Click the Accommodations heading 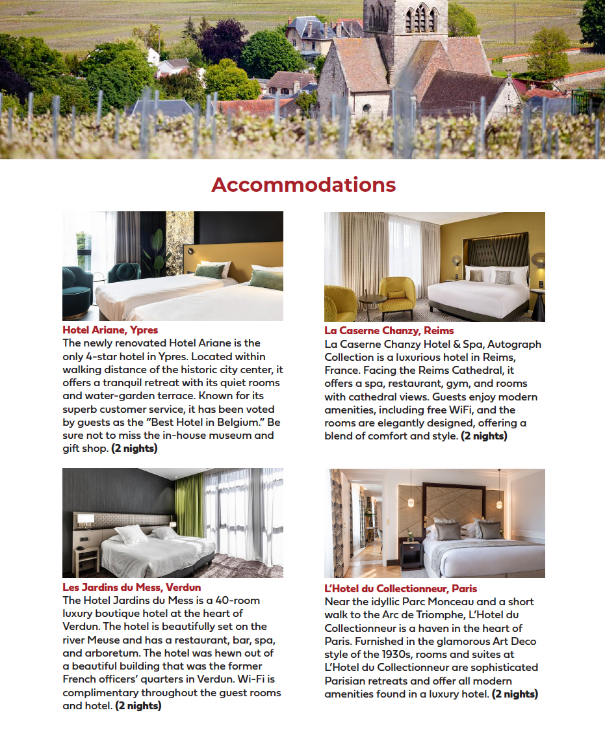click(303, 185)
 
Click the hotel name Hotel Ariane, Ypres click(110, 330)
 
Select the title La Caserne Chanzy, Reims click(389, 330)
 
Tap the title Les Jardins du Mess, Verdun click(131, 587)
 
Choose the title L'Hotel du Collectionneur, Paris click(400, 588)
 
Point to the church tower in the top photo click(405, 26)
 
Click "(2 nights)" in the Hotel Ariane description click(135, 449)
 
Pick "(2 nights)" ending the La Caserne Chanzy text click(484, 436)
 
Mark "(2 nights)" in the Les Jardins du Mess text click(138, 705)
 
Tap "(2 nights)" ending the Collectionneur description click(515, 694)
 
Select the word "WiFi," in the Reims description click(462, 410)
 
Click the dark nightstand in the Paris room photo click(411, 555)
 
